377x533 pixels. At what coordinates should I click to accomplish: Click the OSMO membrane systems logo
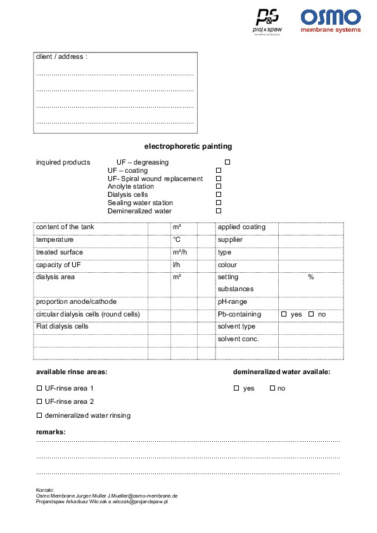tap(330, 20)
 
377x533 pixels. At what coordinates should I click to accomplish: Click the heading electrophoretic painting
tap(188, 146)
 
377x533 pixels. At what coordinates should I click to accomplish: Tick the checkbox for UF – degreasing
tap(227, 163)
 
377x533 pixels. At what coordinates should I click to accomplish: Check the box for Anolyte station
tap(219, 187)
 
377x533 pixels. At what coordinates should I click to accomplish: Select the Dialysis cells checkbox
tap(219, 195)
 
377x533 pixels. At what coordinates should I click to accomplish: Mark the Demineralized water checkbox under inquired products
tap(219, 211)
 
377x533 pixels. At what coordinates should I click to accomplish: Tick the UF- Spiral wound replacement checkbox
tap(219, 179)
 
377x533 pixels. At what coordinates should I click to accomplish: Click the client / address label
tap(61, 57)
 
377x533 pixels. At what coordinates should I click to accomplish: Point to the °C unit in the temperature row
tap(177, 240)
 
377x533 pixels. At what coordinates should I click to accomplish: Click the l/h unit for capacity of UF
tap(176, 265)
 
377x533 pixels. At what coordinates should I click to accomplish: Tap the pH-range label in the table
tap(233, 302)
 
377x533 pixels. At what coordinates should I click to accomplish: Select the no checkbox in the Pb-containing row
tap(311, 315)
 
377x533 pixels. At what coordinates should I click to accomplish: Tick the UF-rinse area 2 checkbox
tap(39, 401)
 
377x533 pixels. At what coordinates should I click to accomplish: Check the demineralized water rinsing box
tap(39, 415)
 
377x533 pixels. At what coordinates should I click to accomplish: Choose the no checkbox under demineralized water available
tap(272, 388)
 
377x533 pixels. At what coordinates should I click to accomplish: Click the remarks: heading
tap(51, 432)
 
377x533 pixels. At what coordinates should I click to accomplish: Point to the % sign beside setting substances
tap(311, 277)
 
